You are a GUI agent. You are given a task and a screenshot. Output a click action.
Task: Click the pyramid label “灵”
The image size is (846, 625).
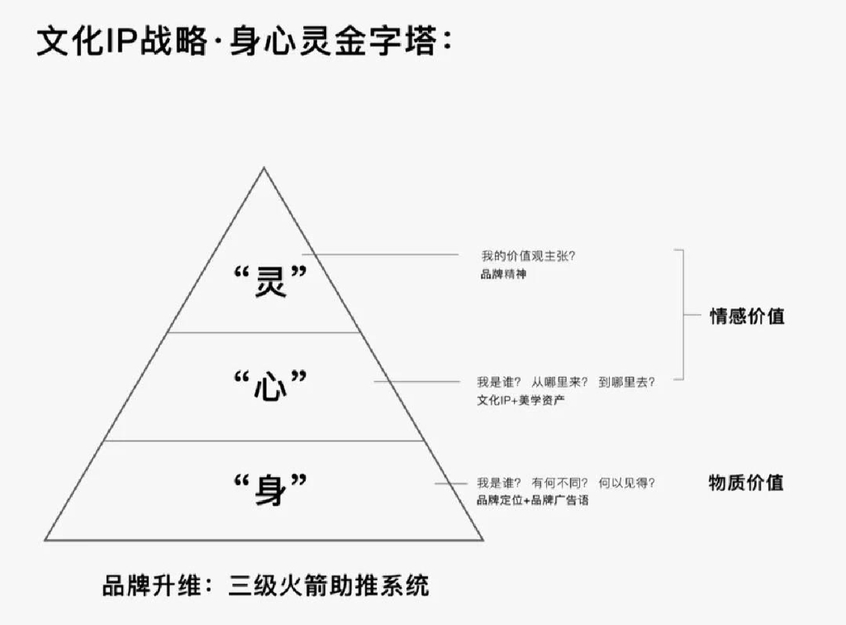(270, 280)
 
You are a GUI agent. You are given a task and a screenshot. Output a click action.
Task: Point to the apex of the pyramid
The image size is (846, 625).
(264, 168)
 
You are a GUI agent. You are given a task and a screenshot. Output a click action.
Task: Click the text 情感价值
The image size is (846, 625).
(747, 317)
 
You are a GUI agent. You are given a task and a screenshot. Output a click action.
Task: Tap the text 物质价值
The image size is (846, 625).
(746, 482)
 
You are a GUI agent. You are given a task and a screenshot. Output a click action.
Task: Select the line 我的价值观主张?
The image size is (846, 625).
(528, 255)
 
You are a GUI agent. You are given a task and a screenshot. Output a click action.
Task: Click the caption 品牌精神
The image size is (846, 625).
(503, 274)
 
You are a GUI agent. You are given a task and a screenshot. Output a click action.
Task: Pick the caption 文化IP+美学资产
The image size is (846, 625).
(520, 400)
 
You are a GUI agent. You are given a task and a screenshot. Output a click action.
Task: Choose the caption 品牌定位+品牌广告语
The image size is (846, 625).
(533, 500)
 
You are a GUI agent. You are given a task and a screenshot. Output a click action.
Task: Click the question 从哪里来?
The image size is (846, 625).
(559, 382)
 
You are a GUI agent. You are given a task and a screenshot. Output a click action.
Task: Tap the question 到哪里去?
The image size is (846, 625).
(626, 382)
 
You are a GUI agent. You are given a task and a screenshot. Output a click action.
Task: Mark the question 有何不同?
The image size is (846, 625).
(559, 483)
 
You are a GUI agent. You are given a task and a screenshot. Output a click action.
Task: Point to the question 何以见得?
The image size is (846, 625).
(626, 483)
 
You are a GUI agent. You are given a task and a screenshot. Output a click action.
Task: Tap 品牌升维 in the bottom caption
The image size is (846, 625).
(152, 585)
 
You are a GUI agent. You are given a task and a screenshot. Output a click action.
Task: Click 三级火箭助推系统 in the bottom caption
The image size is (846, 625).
(329, 585)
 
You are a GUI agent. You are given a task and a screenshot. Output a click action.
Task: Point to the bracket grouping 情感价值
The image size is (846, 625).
(683, 315)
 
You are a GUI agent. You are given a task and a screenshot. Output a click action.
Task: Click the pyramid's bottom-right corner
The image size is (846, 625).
(482, 540)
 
